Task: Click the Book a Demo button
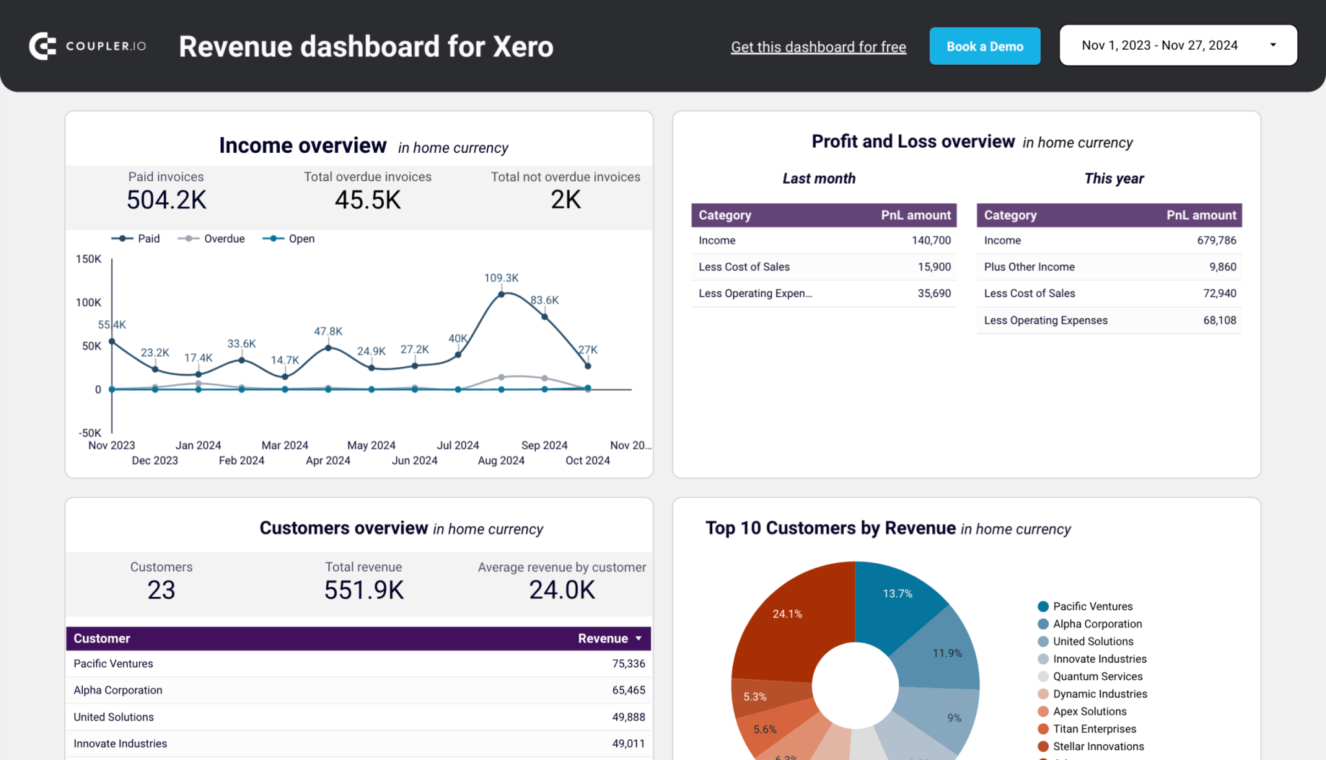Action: coord(984,47)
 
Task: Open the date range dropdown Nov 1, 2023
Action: coord(1178,45)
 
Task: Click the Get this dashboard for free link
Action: coord(818,47)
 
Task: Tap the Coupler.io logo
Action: coord(87,46)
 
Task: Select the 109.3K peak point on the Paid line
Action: coord(501,295)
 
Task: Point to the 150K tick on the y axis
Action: coord(89,259)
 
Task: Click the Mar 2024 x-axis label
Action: coord(285,445)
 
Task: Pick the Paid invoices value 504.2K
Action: coord(166,200)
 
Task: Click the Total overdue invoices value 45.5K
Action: coord(368,200)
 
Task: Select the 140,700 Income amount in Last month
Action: coord(931,240)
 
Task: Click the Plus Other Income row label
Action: coord(1029,267)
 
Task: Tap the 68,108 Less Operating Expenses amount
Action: coord(1219,320)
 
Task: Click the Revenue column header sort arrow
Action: coord(638,638)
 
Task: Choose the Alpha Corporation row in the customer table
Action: coord(118,690)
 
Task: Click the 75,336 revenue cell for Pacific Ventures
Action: coord(628,664)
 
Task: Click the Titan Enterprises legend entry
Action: coord(1094,729)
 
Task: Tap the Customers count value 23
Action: coord(161,590)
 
